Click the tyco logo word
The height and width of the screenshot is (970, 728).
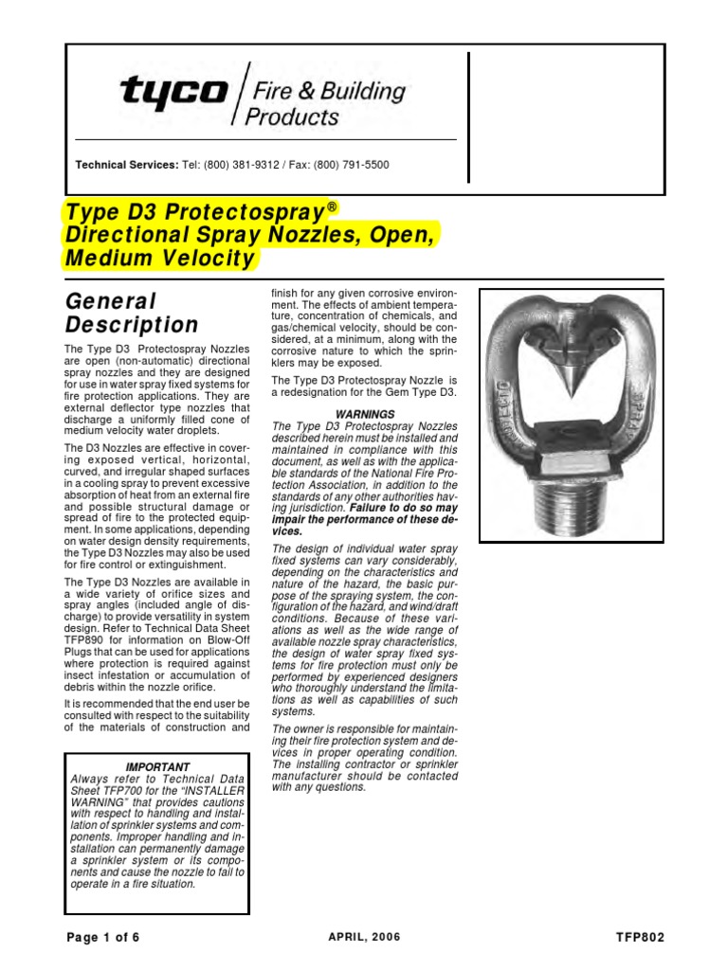pos(173,92)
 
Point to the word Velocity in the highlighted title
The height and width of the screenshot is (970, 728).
pos(207,258)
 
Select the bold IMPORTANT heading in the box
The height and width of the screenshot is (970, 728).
pos(158,766)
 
